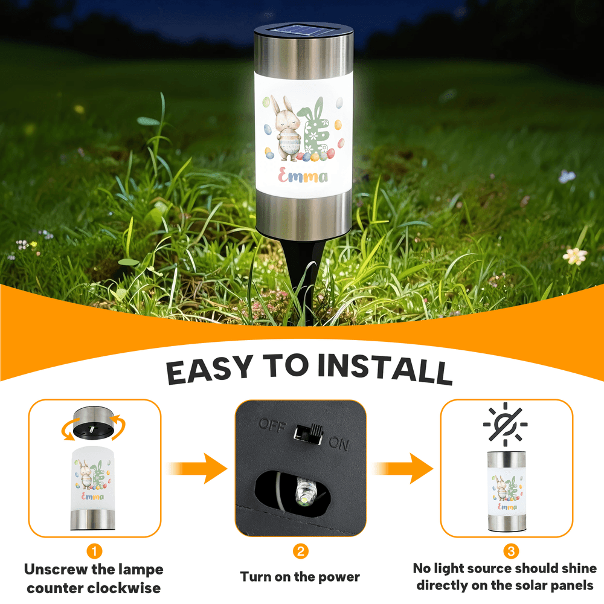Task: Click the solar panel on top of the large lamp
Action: [x=304, y=30]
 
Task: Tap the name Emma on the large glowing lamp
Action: [x=303, y=176]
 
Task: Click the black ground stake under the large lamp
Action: [x=303, y=277]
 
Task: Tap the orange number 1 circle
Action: [x=94, y=551]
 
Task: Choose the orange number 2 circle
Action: [x=300, y=551]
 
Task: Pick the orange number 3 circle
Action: [x=511, y=551]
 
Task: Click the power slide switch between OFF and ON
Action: [x=308, y=434]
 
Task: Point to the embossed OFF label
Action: [x=273, y=426]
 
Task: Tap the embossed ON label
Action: [x=339, y=444]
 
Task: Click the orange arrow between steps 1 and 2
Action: [x=197, y=469]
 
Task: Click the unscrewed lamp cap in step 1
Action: [x=94, y=423]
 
